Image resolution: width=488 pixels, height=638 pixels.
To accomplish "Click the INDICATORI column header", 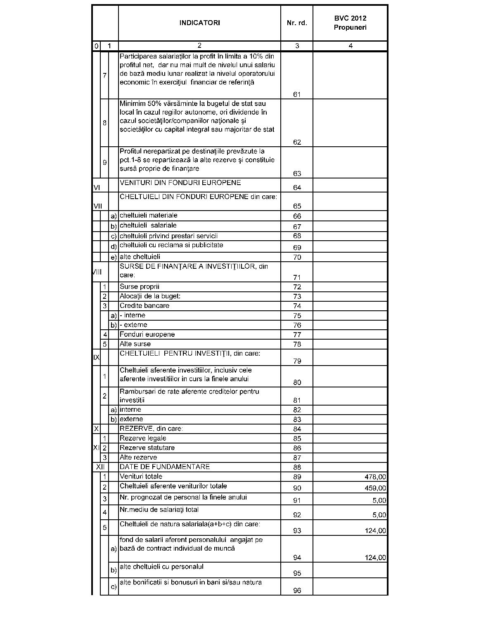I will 199,23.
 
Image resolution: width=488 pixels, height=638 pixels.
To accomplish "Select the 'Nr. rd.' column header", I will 297,23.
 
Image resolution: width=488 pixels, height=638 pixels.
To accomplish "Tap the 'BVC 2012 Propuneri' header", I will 350,23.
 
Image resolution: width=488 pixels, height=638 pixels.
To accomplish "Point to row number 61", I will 297,94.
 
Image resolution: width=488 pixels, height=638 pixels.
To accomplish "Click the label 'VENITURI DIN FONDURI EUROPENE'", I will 180,183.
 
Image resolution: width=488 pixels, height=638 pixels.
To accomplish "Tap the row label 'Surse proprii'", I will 139,286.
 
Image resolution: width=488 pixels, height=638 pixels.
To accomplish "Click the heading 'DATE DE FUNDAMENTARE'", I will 164,467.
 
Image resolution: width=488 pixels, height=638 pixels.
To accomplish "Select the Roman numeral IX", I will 96,357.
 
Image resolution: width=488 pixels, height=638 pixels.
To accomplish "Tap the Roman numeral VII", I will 97,206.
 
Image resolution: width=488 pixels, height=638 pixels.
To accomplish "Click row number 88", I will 297,467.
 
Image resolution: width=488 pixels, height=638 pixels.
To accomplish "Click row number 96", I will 297,591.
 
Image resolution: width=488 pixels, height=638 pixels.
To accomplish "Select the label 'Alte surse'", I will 135,344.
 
